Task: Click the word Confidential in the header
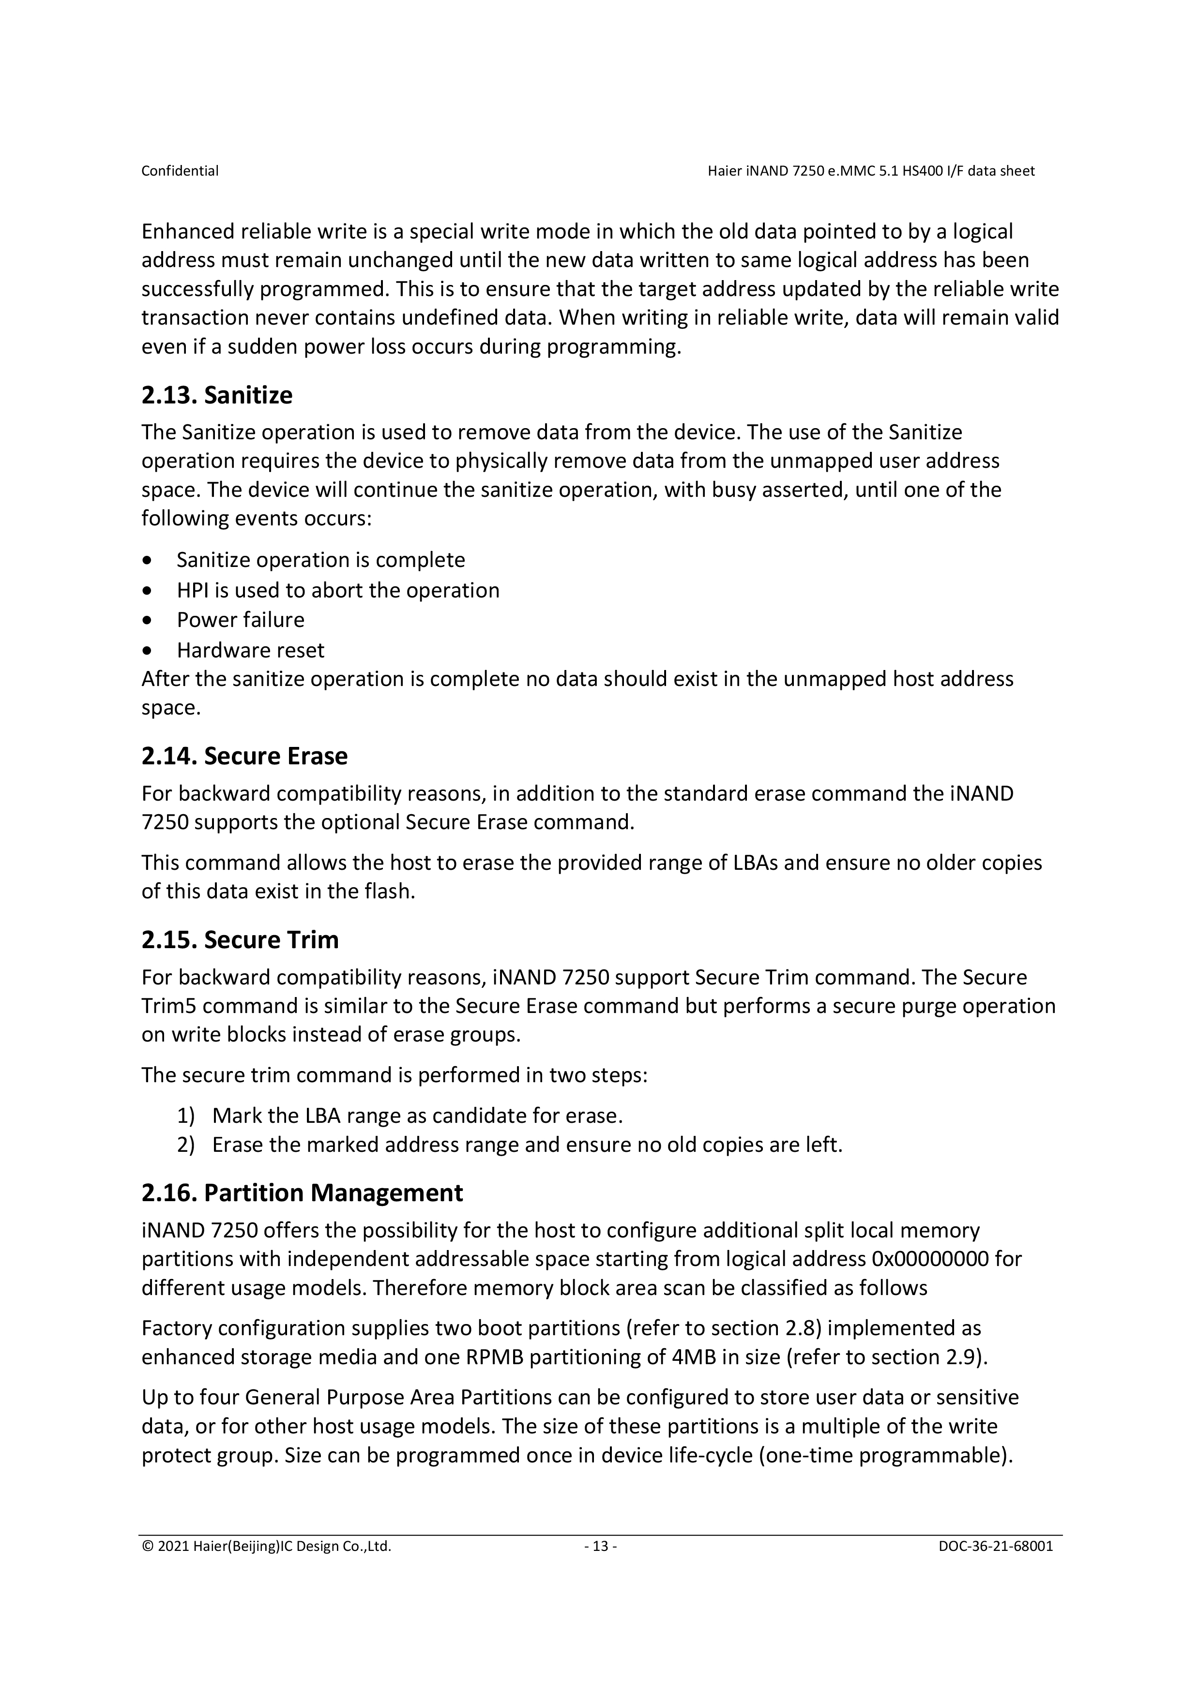coord(180,171)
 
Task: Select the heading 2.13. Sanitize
coord(217,395)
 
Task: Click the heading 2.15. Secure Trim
coord(240,939)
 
